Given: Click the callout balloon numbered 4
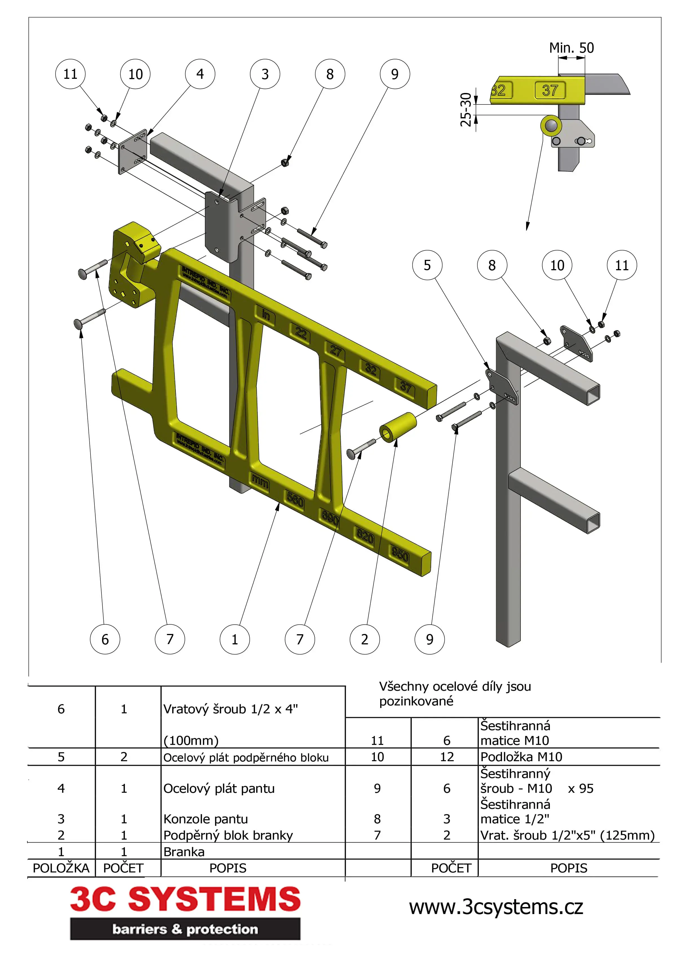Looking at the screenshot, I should (200, 74).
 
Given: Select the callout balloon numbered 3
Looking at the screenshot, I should (265, 74).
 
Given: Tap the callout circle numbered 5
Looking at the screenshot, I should (427, 265).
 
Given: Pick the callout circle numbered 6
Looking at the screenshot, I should (105, 639).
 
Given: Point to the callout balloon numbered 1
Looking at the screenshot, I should (234, 639).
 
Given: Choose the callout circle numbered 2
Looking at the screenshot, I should (365, 639).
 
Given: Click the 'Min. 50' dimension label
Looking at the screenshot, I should (571, 48).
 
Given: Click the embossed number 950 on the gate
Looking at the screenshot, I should (400, 555).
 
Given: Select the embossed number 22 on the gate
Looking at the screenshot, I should (300, 333).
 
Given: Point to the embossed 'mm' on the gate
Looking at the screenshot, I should (260, 481).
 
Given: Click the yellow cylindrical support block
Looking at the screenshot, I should (398, 426).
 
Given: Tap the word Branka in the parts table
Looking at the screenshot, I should (184, 852).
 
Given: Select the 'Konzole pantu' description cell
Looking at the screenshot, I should (205, 819).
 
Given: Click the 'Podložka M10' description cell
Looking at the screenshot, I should (521, 757).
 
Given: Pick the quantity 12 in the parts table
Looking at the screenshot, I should (447, 757).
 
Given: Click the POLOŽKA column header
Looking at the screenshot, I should (61, 868).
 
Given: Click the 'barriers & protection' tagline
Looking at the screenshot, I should (185, 929).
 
